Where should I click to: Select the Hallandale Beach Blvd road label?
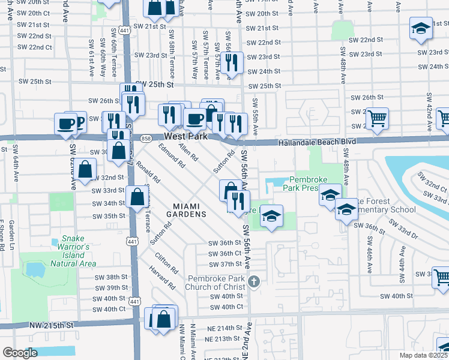pyautogui.click(x=318, y=142)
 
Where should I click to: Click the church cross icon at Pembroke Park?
pyautogui.click(x=254, y=281)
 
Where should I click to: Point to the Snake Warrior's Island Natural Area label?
pyautogui.click(x=74, y=254)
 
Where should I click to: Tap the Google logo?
pyautogui.click(x=20, y=353)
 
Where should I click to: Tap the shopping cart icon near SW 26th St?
pyautogui.click(x=377, y=118)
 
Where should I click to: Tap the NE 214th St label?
pyautogui.click(x=226, y=328)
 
